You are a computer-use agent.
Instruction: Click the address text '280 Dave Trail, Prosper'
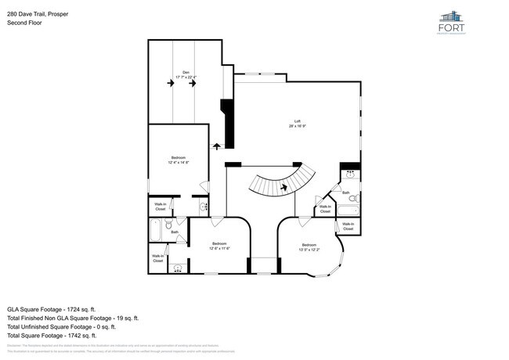pos(38,13)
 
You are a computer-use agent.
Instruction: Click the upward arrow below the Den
pos(216,146)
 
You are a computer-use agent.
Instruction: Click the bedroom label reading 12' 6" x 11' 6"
pos(218,245)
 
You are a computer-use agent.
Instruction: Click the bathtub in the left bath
pos(155,232)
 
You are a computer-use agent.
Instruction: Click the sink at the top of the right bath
pos(350,173)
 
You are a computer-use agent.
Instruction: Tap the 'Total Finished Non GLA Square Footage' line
pos(73,318)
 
